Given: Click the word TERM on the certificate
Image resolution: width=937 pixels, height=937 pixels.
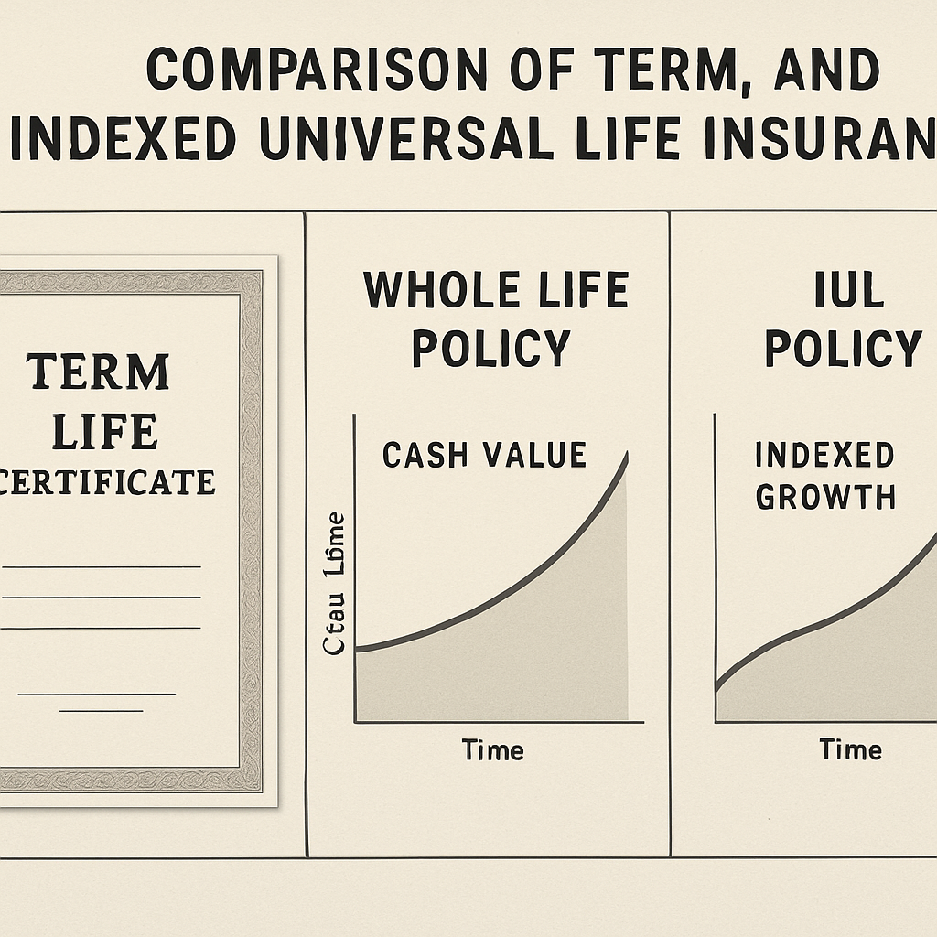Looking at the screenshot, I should pyautogui.click(x=98, y=372).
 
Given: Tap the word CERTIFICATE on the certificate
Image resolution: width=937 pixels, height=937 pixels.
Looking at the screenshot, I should pyautogui.click(x=107, y=481).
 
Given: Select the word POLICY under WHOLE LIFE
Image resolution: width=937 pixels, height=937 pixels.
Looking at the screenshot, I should pyautogui.click(x=491, y=349).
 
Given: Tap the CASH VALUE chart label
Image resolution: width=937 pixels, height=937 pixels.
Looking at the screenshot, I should pyautogui.click(x=484, y=455).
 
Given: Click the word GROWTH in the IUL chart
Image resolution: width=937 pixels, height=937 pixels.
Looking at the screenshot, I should pyautogui.click(x=824, y=497).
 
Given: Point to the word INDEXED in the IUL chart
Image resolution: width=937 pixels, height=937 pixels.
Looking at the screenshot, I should pyautogui.click(x=824, y=455).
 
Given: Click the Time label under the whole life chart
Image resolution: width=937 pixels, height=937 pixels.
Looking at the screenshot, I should pyautogui.click(x=492, y=750).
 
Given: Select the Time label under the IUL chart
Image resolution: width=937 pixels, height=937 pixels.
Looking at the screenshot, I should pyautogui.click(x=850, y=750).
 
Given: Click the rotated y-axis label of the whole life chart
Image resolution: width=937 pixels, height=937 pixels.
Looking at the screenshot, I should pyautogui.click(x=335, y=583).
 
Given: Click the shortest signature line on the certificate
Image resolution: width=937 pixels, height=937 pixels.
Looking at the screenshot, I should pyautogui.click(x=107, y=711).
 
